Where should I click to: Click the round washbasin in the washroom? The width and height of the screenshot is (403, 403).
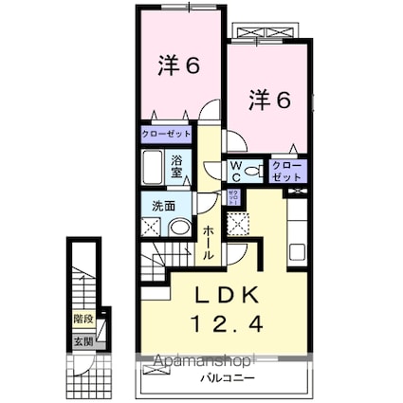click(178, 228)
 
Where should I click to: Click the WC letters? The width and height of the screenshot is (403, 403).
click(235, 171)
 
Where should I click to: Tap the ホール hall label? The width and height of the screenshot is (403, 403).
click(208, 241)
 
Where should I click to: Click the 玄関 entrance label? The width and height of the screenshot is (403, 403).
click(84, 340)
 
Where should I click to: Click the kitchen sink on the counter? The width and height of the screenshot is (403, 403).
click(297, 252)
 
